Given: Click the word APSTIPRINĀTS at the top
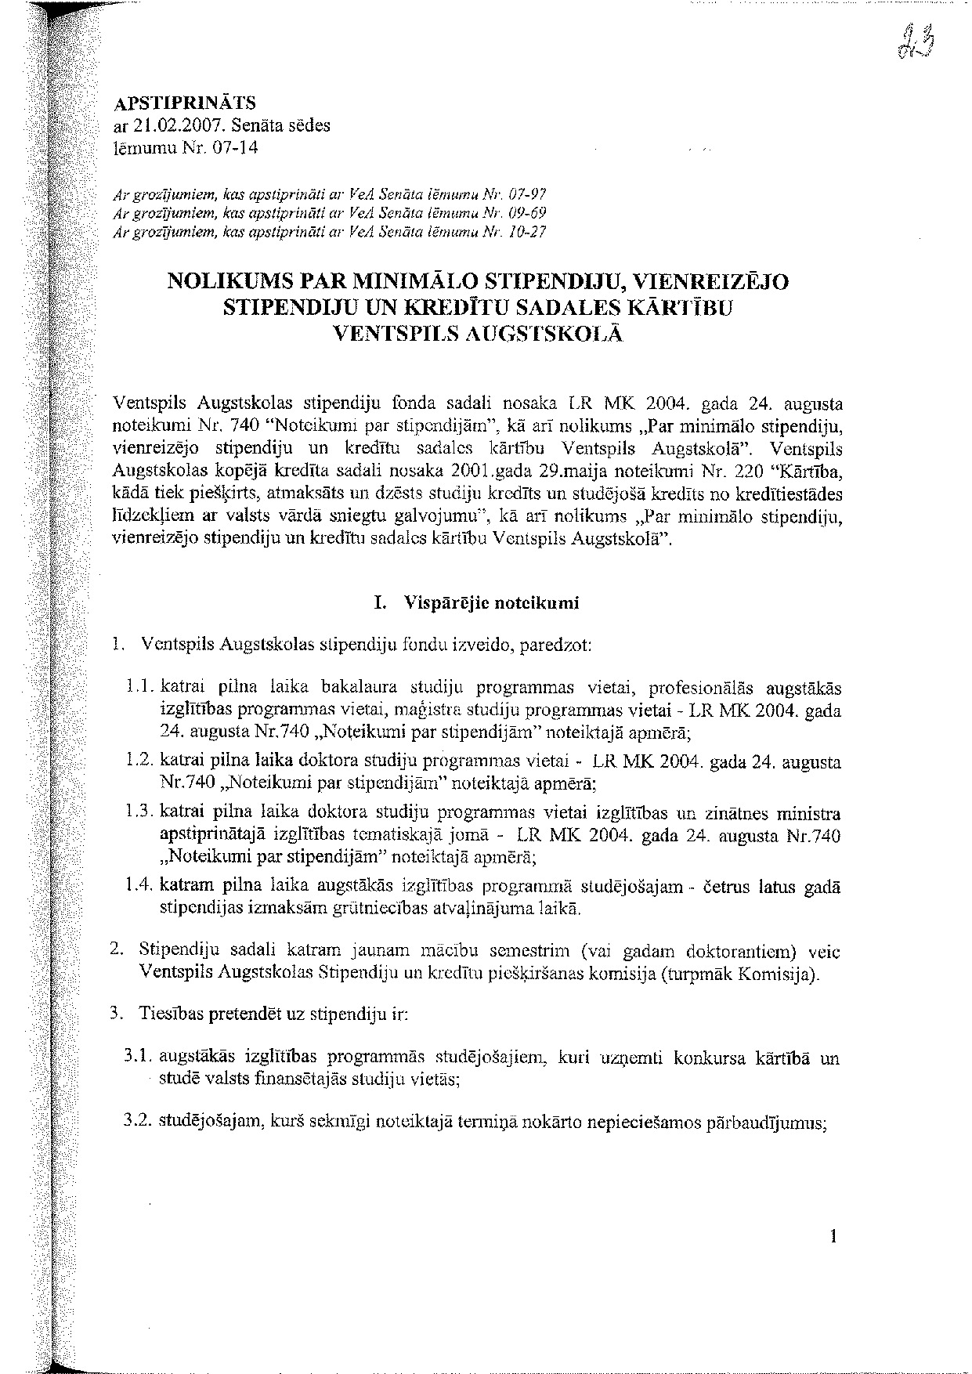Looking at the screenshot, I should point(185,104).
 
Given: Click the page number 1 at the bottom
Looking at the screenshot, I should point(833,1237).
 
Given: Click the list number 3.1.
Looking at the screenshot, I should point(138,1058).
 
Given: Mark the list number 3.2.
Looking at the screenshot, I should point(138,1122).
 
